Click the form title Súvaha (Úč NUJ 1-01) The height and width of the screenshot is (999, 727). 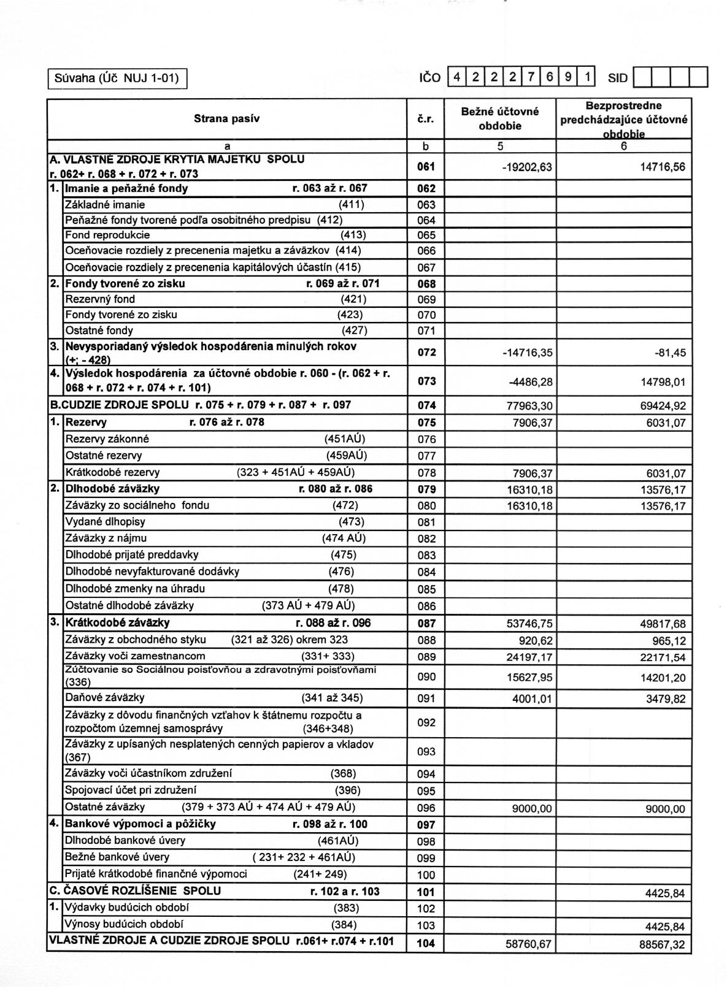(x=117, y=78)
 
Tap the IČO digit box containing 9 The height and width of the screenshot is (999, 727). (x=569, y=77)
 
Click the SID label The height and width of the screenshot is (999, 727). (x=618, y=78)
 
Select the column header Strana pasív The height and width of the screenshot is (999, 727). (x=227, y=119)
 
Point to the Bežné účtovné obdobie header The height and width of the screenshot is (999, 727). (x=499, y=118)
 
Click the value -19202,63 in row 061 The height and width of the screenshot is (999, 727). (x=526, y=167)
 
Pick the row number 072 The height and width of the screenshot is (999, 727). (x=426, y=353)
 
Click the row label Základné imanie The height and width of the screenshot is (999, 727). (x=106, y=205)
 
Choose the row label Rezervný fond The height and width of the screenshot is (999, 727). (x=100, y=299)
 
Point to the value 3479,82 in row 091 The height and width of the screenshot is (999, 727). (x=665, y=699)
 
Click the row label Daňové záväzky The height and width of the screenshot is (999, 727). (x=105, y=698)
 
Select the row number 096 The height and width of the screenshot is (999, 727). (x=426, y=809)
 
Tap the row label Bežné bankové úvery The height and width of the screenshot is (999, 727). (x=117, y=857)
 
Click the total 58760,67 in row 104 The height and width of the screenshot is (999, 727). (x=528, y=944)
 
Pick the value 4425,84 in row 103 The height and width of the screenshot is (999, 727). (x=664, y=927)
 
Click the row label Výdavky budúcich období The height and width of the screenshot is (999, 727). (x=127, y=908)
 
